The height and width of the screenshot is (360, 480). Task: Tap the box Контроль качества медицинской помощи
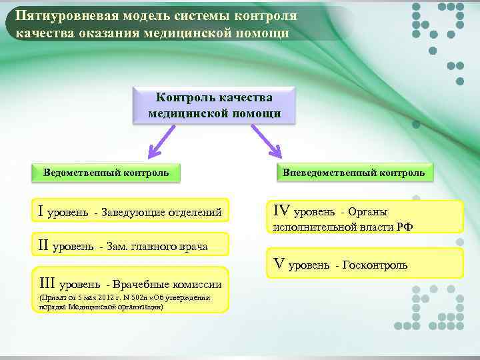coord(214,105)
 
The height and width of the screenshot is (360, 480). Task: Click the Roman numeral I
coord(41,212)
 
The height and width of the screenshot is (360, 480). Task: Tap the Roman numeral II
coord(44,246)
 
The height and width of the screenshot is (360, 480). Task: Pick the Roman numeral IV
coord(280,211)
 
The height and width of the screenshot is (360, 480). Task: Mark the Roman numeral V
coord(279,264)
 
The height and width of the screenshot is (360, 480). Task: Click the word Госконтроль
coord(376,265)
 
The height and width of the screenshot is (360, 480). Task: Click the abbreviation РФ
coord(405,227)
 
